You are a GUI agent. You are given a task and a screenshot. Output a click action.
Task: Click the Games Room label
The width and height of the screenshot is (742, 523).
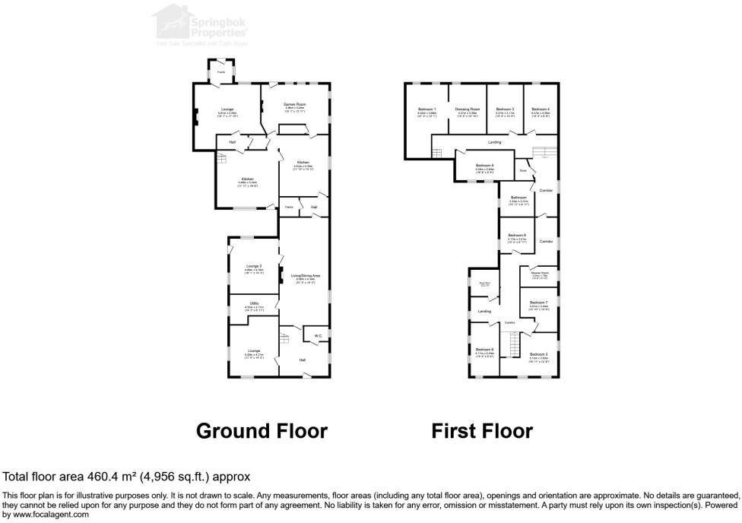[294, 104]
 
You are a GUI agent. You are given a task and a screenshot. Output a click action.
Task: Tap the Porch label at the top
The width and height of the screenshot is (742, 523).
[221, 72]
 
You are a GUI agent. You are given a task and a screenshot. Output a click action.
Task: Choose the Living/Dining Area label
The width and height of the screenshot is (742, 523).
[305, 275]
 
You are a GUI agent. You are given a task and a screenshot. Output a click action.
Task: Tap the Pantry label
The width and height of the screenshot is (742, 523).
[289, 207]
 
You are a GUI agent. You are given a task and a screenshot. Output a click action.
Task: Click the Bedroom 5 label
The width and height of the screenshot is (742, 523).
[485, 165]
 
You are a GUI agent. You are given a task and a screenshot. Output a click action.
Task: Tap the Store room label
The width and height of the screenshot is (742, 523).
[523, 171]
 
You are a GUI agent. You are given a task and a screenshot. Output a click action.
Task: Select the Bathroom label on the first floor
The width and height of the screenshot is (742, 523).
[518, 198]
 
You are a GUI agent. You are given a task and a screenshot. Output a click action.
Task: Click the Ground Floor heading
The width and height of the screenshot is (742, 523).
[262, 431]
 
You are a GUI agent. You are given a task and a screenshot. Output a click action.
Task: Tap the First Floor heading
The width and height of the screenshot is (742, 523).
[482, 431]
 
